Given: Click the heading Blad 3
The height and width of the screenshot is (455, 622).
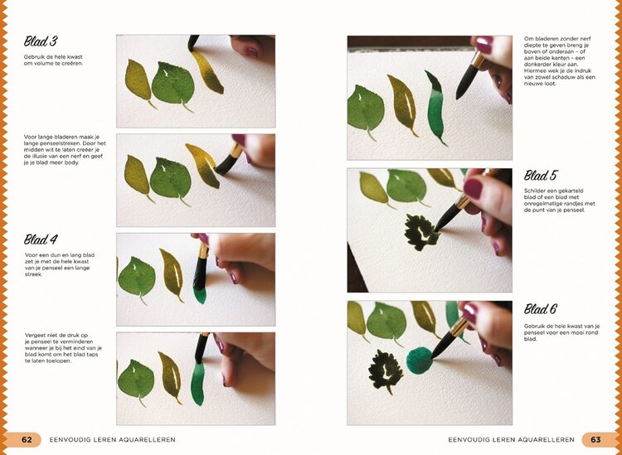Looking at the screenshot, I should pos(41,41).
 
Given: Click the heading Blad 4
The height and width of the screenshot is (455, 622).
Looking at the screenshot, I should pos(41,240).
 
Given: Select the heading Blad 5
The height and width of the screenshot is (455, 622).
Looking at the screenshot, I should pos(541,176).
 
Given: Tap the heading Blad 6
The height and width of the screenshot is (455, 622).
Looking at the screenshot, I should pos(541,309).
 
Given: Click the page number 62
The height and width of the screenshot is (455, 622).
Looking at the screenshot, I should pos(27,439).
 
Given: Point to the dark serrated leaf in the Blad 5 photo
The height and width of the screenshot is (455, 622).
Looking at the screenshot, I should pos(421,231).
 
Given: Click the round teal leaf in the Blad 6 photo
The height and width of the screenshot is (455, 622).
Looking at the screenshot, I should pos(420,360).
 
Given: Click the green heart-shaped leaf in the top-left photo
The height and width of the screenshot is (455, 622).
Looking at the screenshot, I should pos(173,84).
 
